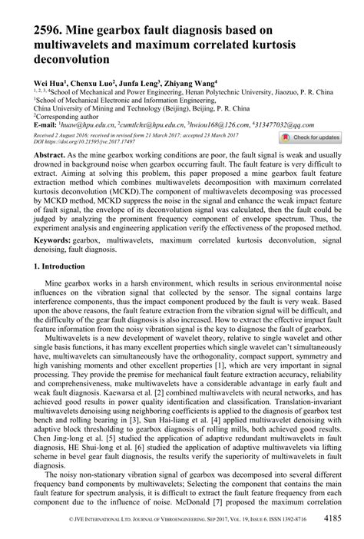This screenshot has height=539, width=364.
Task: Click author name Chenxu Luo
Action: click(x=91, y=81)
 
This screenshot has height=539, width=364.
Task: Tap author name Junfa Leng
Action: click(x=139, y=81)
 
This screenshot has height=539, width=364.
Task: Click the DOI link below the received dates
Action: click(x=84, y=142)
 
